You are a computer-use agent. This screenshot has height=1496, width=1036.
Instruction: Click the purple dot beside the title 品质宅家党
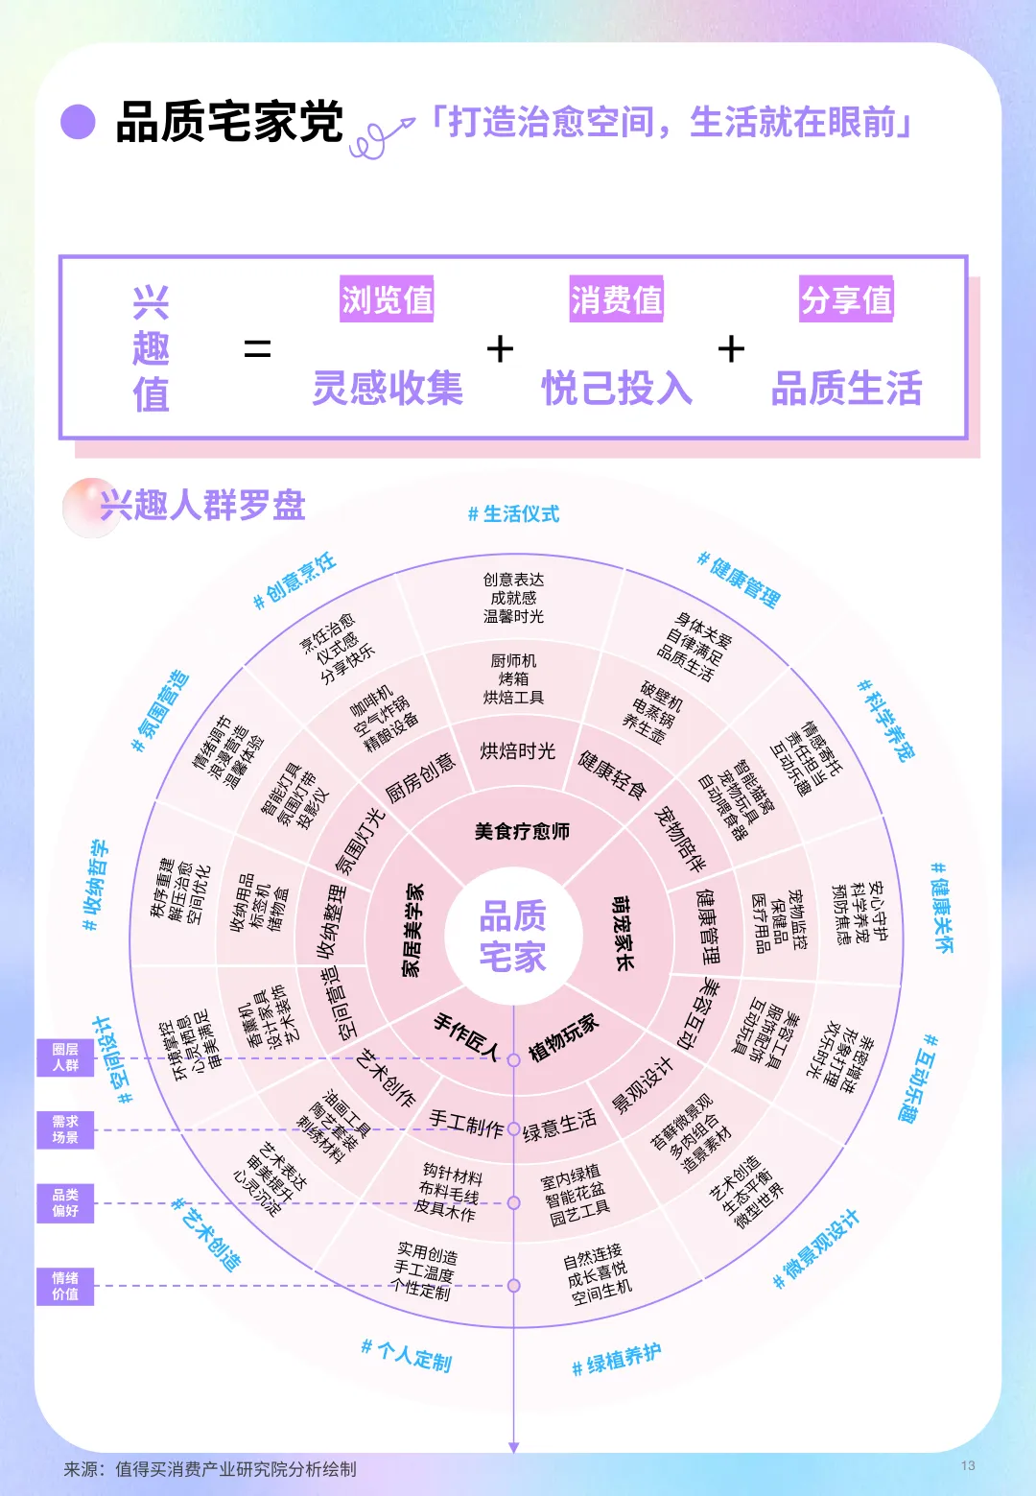[x=78, y=122]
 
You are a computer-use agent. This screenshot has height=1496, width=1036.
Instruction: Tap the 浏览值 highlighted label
[x=387, y=299]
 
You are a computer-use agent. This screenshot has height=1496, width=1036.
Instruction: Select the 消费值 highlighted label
[x=616, y=299]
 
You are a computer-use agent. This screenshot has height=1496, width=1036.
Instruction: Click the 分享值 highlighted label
[x=846, y=299]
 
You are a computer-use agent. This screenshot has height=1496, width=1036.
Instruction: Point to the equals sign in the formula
[x=257, y=349]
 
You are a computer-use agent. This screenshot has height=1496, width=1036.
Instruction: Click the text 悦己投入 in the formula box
[x=617, y=389]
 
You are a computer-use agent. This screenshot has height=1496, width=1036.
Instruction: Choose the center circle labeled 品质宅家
[x=513, y=937]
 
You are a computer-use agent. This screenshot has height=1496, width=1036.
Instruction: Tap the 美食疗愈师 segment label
[x=522, y=831]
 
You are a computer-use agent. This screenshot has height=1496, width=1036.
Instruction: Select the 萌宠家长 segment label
[x=624, y=933]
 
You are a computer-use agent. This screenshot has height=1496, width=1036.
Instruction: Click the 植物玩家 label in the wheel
[x=563, y=1037]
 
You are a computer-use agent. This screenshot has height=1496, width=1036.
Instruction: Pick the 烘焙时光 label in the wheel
[x=517, y=751]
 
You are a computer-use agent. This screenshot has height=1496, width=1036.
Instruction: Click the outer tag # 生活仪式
[x=513, y=514]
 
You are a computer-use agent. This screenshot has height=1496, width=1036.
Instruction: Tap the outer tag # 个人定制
[x=406, y=1355]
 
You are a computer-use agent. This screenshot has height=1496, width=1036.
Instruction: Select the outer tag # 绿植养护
[x=616, y=1360]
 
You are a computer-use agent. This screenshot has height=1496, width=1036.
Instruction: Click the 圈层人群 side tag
[x=65, y=1057]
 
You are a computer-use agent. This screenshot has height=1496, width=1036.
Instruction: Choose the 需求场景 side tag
[x=65, y=1129]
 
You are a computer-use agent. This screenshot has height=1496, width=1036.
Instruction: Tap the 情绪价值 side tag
[x=65, y=1286]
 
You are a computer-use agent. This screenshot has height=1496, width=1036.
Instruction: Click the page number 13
[x=968, y=1465]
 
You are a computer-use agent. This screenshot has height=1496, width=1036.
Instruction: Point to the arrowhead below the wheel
[x=514, y=1448]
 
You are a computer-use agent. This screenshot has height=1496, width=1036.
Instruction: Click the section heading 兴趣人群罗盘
[x=201, y=505]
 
